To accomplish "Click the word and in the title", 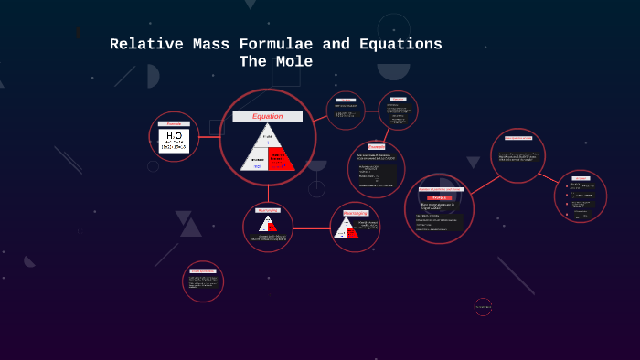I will pos(336,44).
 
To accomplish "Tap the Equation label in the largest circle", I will pos(267,116).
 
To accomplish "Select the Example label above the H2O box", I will pos(174,123).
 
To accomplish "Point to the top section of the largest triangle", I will pos(268,136).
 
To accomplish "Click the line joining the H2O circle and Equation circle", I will pos(209,137).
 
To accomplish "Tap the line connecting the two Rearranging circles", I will pos(312,228).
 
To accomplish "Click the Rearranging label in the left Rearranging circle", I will pos(267,210).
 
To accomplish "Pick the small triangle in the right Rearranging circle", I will pos(347,228).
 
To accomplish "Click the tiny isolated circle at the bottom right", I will pos(483,307).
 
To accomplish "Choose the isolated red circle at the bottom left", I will pos(203,281).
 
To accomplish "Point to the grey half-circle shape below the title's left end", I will pos(153,76).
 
